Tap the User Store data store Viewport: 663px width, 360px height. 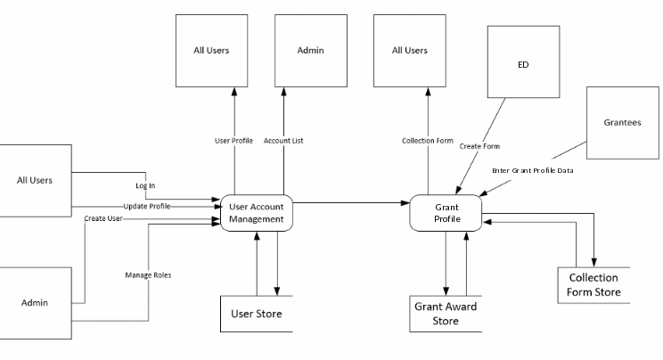(x=258, y=313)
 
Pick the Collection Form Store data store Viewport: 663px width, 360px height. (x=593, y=284)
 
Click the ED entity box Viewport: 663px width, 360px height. (x=523, y=65)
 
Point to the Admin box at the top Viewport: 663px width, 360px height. (x=307, y=51)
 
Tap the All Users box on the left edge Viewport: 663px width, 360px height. (x=36, y=180)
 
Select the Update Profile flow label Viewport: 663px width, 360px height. (x=148, y=205)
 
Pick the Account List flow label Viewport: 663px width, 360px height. (x=285, y=140)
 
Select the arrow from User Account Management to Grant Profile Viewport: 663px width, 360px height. (x=351, y=203)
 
